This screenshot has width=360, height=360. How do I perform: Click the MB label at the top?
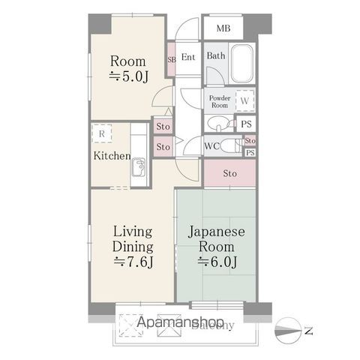click(x=223, y=29)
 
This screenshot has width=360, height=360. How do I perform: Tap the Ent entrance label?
click(x=188, y=58)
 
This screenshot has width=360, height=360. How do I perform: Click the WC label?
click(x=212, y=146)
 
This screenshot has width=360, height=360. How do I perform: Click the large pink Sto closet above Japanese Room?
click(x=229, y=174)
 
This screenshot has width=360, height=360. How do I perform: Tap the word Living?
click(x=133, y=230)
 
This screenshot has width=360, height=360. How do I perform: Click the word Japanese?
click(x=216, y=230)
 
